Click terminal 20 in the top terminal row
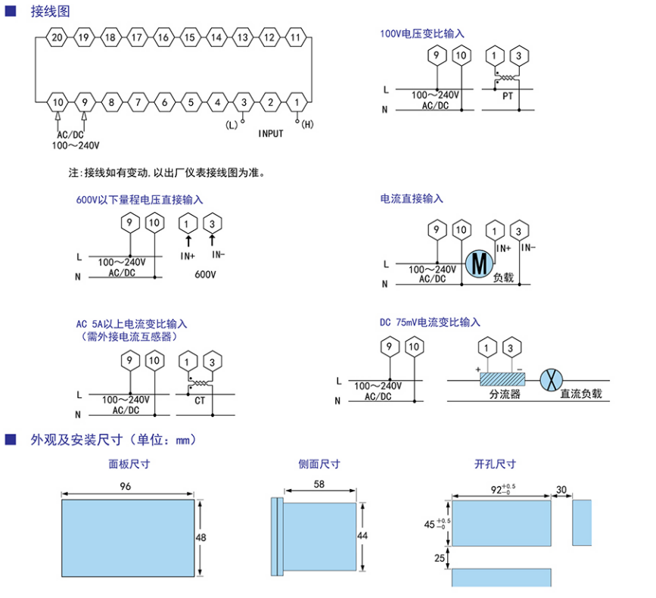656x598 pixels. pos(58,37)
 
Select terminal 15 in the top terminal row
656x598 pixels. pos(190,37)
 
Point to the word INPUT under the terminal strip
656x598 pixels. pos(271,133)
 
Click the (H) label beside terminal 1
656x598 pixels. pos(307,124)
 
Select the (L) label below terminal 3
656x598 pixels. pos(232,124)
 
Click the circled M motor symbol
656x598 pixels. pos(478,262)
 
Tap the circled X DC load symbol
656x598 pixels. pos(549,378)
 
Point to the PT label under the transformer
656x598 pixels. pos(508,96)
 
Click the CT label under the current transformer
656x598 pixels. pos(200,400)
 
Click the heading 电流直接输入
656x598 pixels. pos(412,198)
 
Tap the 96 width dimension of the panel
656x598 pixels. pos(125,486)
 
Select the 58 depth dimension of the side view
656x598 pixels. pos(319,484)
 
